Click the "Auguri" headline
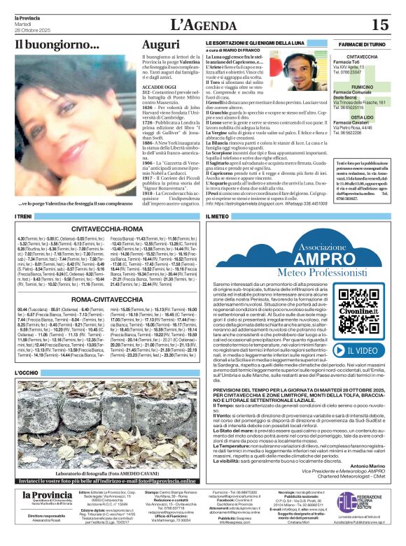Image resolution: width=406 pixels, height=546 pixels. pyautogui.click(x=161, y=45)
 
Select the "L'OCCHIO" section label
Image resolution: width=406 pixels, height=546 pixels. pyautogui.click(x=27, y=373)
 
